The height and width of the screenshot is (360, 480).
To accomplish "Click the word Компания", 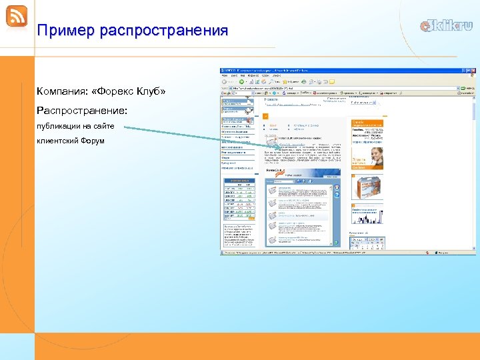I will click(x=60, y=91).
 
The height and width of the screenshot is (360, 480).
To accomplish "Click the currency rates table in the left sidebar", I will click(x=239, y=199).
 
